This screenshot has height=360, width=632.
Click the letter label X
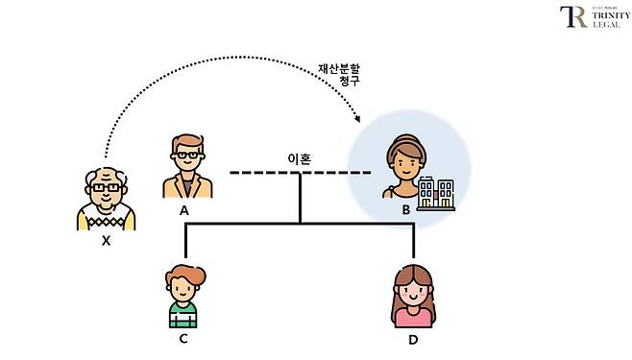click(106, 241)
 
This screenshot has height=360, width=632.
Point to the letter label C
click(182, 338)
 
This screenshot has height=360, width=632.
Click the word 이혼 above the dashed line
click(299, 158)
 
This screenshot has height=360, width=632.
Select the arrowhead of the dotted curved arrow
click(358, 121)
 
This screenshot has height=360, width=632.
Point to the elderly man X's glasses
click(107, 188)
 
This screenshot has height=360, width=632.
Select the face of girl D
click(413, 289)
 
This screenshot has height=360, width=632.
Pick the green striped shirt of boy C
click(182, 315)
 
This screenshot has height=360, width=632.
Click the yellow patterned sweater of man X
click(106, 216)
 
